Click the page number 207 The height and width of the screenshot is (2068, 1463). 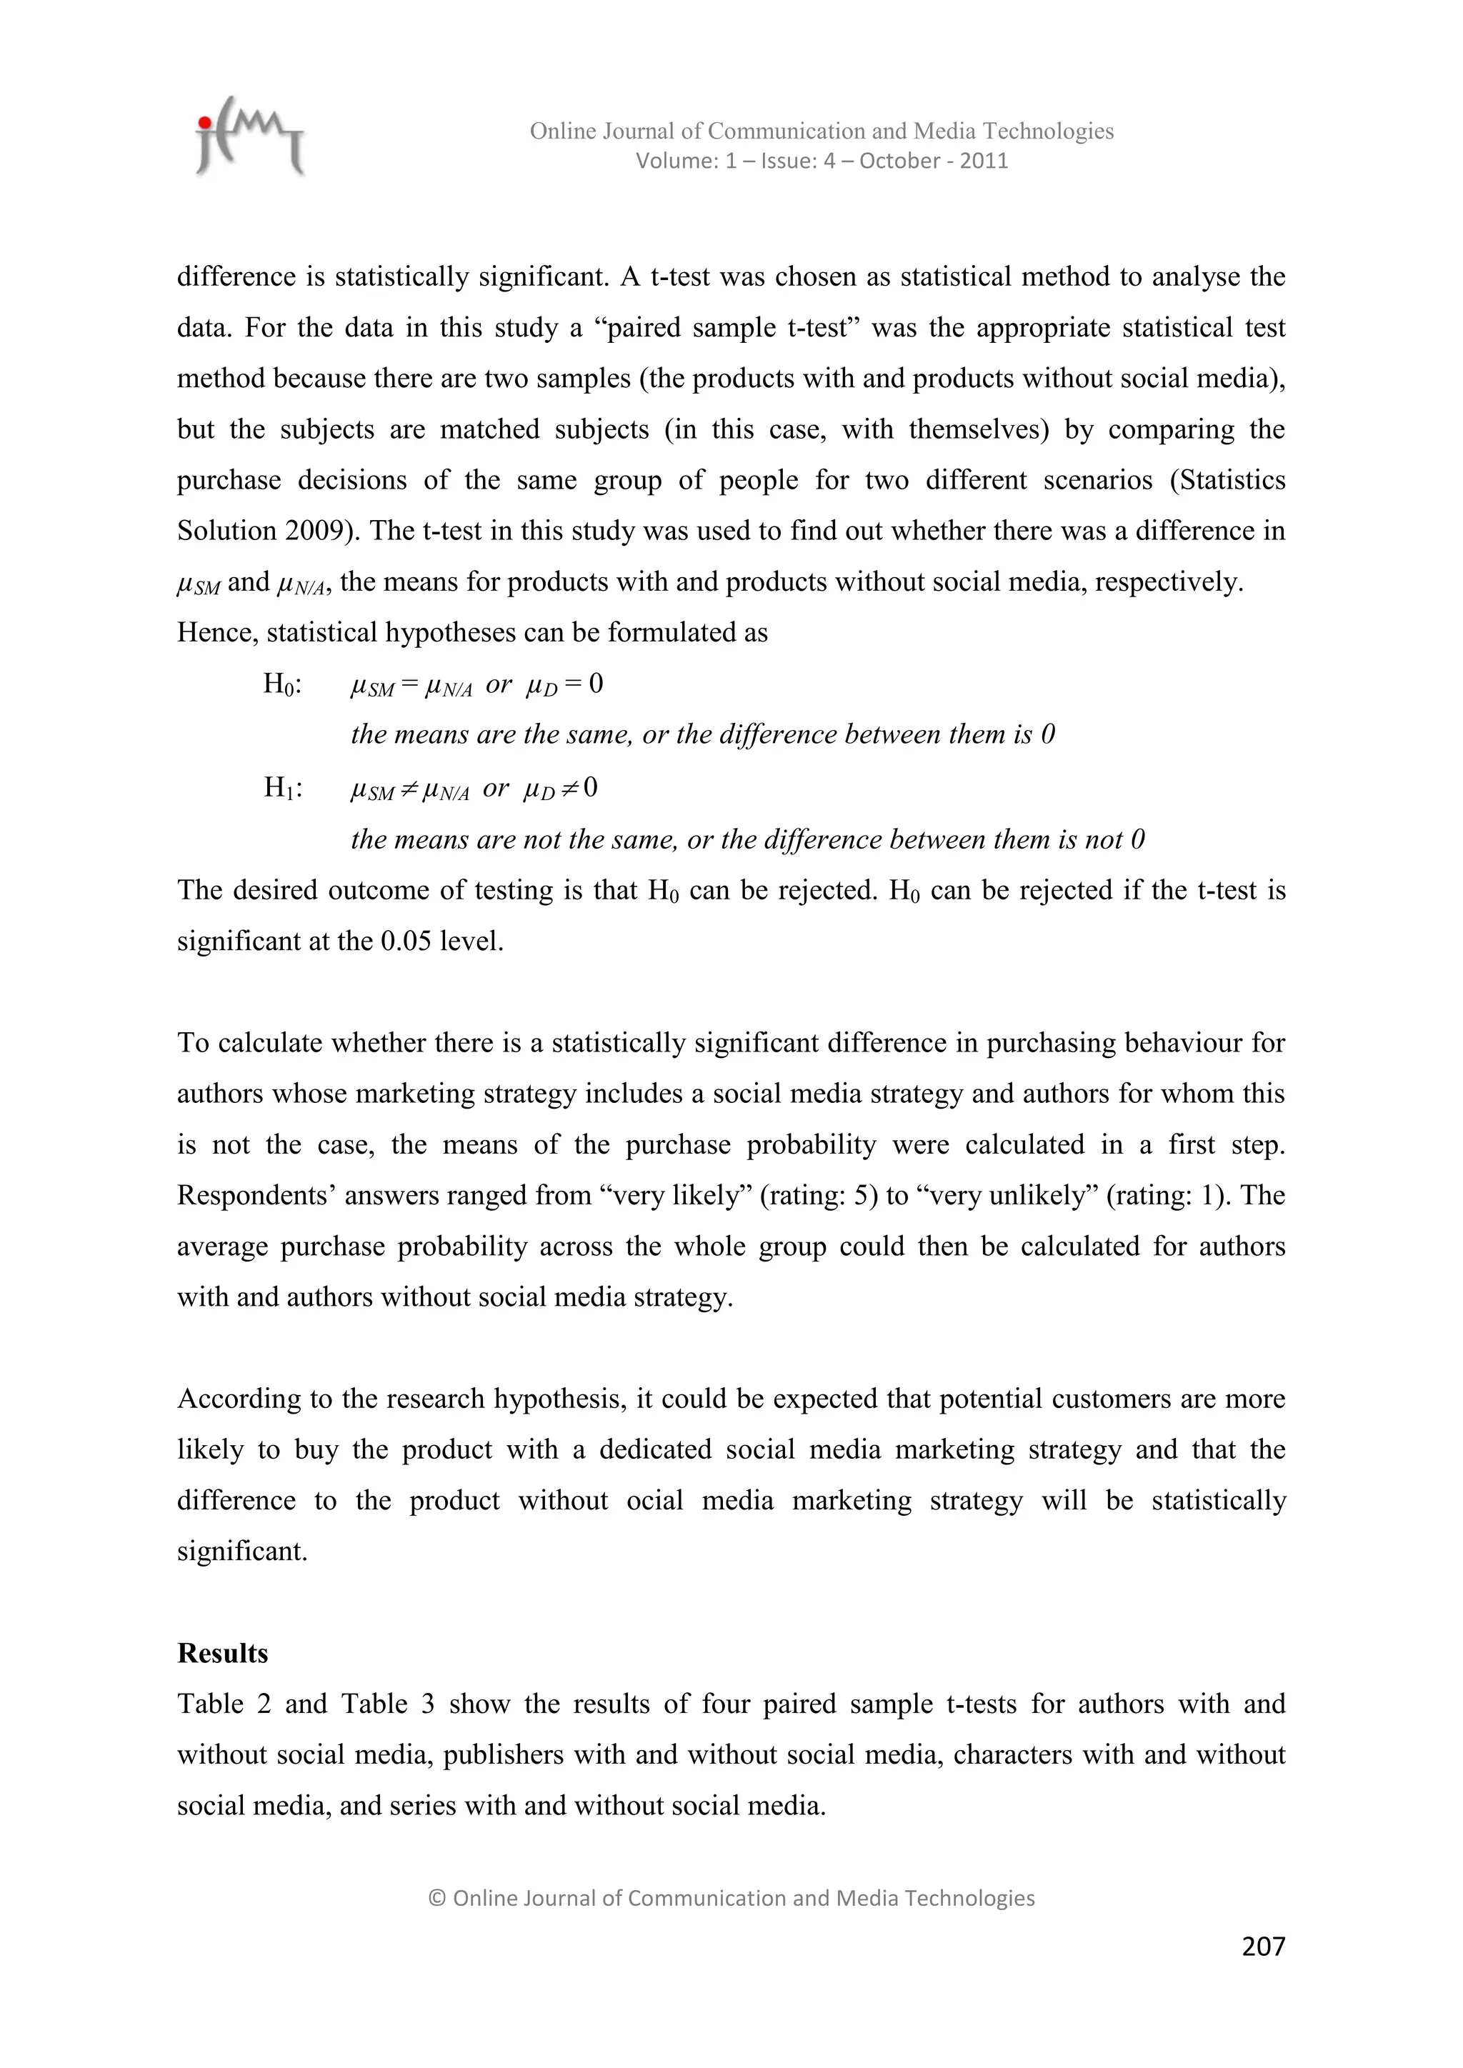coord(1263,1947)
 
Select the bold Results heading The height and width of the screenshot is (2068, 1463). coord(222,1654)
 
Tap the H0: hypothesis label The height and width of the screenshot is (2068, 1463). coord(282,684)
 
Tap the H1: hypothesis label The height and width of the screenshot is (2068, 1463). coord(282,788)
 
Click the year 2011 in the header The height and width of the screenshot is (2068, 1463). coord(984,161)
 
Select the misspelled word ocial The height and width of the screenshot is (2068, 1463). coord(655,1502)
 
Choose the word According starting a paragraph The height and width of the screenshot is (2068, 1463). coord(239,1399)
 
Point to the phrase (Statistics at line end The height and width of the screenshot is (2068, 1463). coord(1227,480)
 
